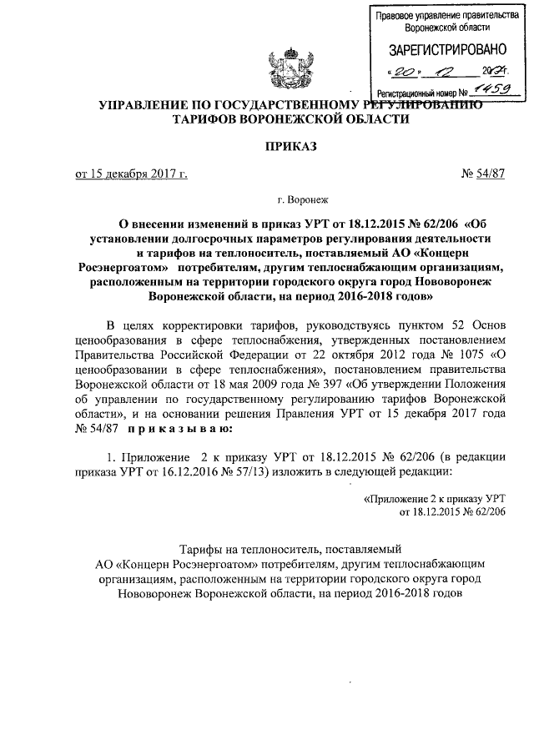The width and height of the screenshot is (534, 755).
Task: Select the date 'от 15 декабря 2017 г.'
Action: point(131,174)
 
